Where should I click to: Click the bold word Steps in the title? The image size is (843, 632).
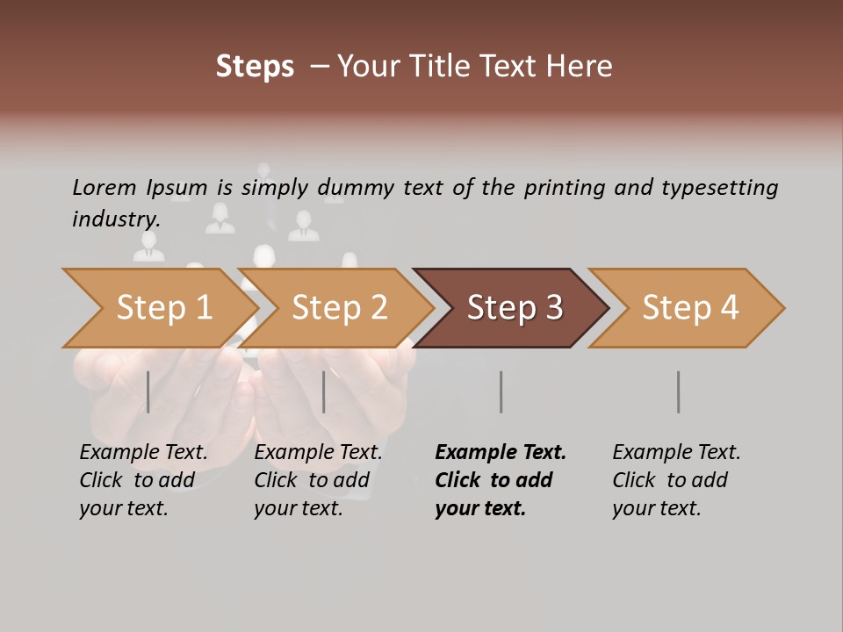click(255, 66)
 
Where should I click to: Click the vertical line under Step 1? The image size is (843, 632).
click(148, 391)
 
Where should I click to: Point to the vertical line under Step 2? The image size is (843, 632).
click(324, 391)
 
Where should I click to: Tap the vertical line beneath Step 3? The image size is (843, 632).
click(501, 391)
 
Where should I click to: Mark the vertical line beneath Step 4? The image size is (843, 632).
click(679, 391)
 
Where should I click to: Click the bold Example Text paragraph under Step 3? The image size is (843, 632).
click(500, 480)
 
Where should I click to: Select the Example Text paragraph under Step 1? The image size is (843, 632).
click(143, 480)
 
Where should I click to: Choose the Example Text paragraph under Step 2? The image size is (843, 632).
click(318, 480)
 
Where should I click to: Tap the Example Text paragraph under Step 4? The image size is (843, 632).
click(676, 480)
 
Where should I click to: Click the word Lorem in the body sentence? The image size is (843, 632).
click(104, 187)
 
